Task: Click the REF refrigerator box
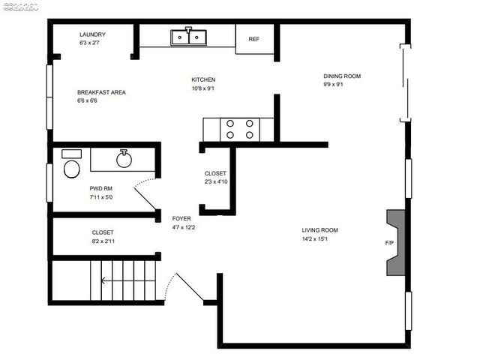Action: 254,39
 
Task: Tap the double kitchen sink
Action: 188,37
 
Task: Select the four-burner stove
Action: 239,129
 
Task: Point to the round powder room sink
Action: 124,158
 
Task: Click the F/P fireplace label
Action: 389,244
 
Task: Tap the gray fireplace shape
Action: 395,243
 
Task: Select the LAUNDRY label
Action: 92,34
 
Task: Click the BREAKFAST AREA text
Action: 101,92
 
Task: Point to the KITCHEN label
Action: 203,79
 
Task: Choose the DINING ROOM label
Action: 342,76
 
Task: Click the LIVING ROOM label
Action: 319,230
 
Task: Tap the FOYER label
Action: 181,218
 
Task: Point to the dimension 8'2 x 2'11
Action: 103,241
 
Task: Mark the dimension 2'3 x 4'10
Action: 215,181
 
